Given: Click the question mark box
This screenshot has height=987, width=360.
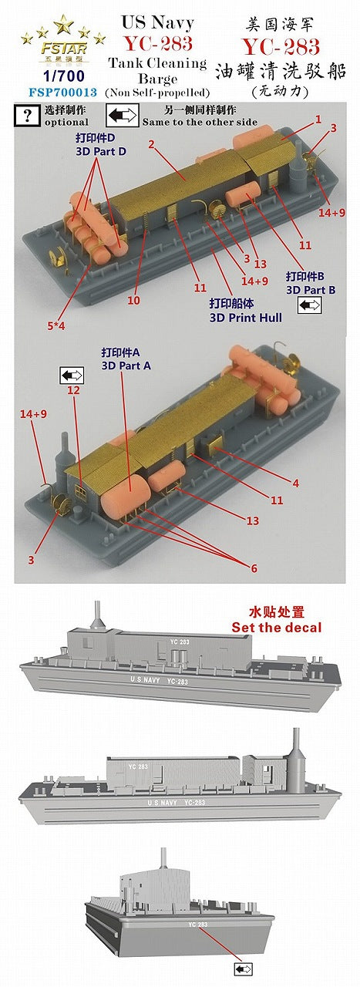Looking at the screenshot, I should click(29, 116).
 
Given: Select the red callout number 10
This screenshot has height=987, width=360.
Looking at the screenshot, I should click(134, 300).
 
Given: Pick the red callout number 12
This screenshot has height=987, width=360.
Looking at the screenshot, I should click(74, 391).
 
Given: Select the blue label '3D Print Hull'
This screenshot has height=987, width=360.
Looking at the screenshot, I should click(249, 316).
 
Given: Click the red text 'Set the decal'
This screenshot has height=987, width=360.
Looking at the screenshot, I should click(277, 627).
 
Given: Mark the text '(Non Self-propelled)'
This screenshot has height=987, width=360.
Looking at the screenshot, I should click(157, 92).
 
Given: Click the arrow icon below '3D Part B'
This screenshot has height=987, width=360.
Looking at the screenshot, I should click(310, 305).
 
